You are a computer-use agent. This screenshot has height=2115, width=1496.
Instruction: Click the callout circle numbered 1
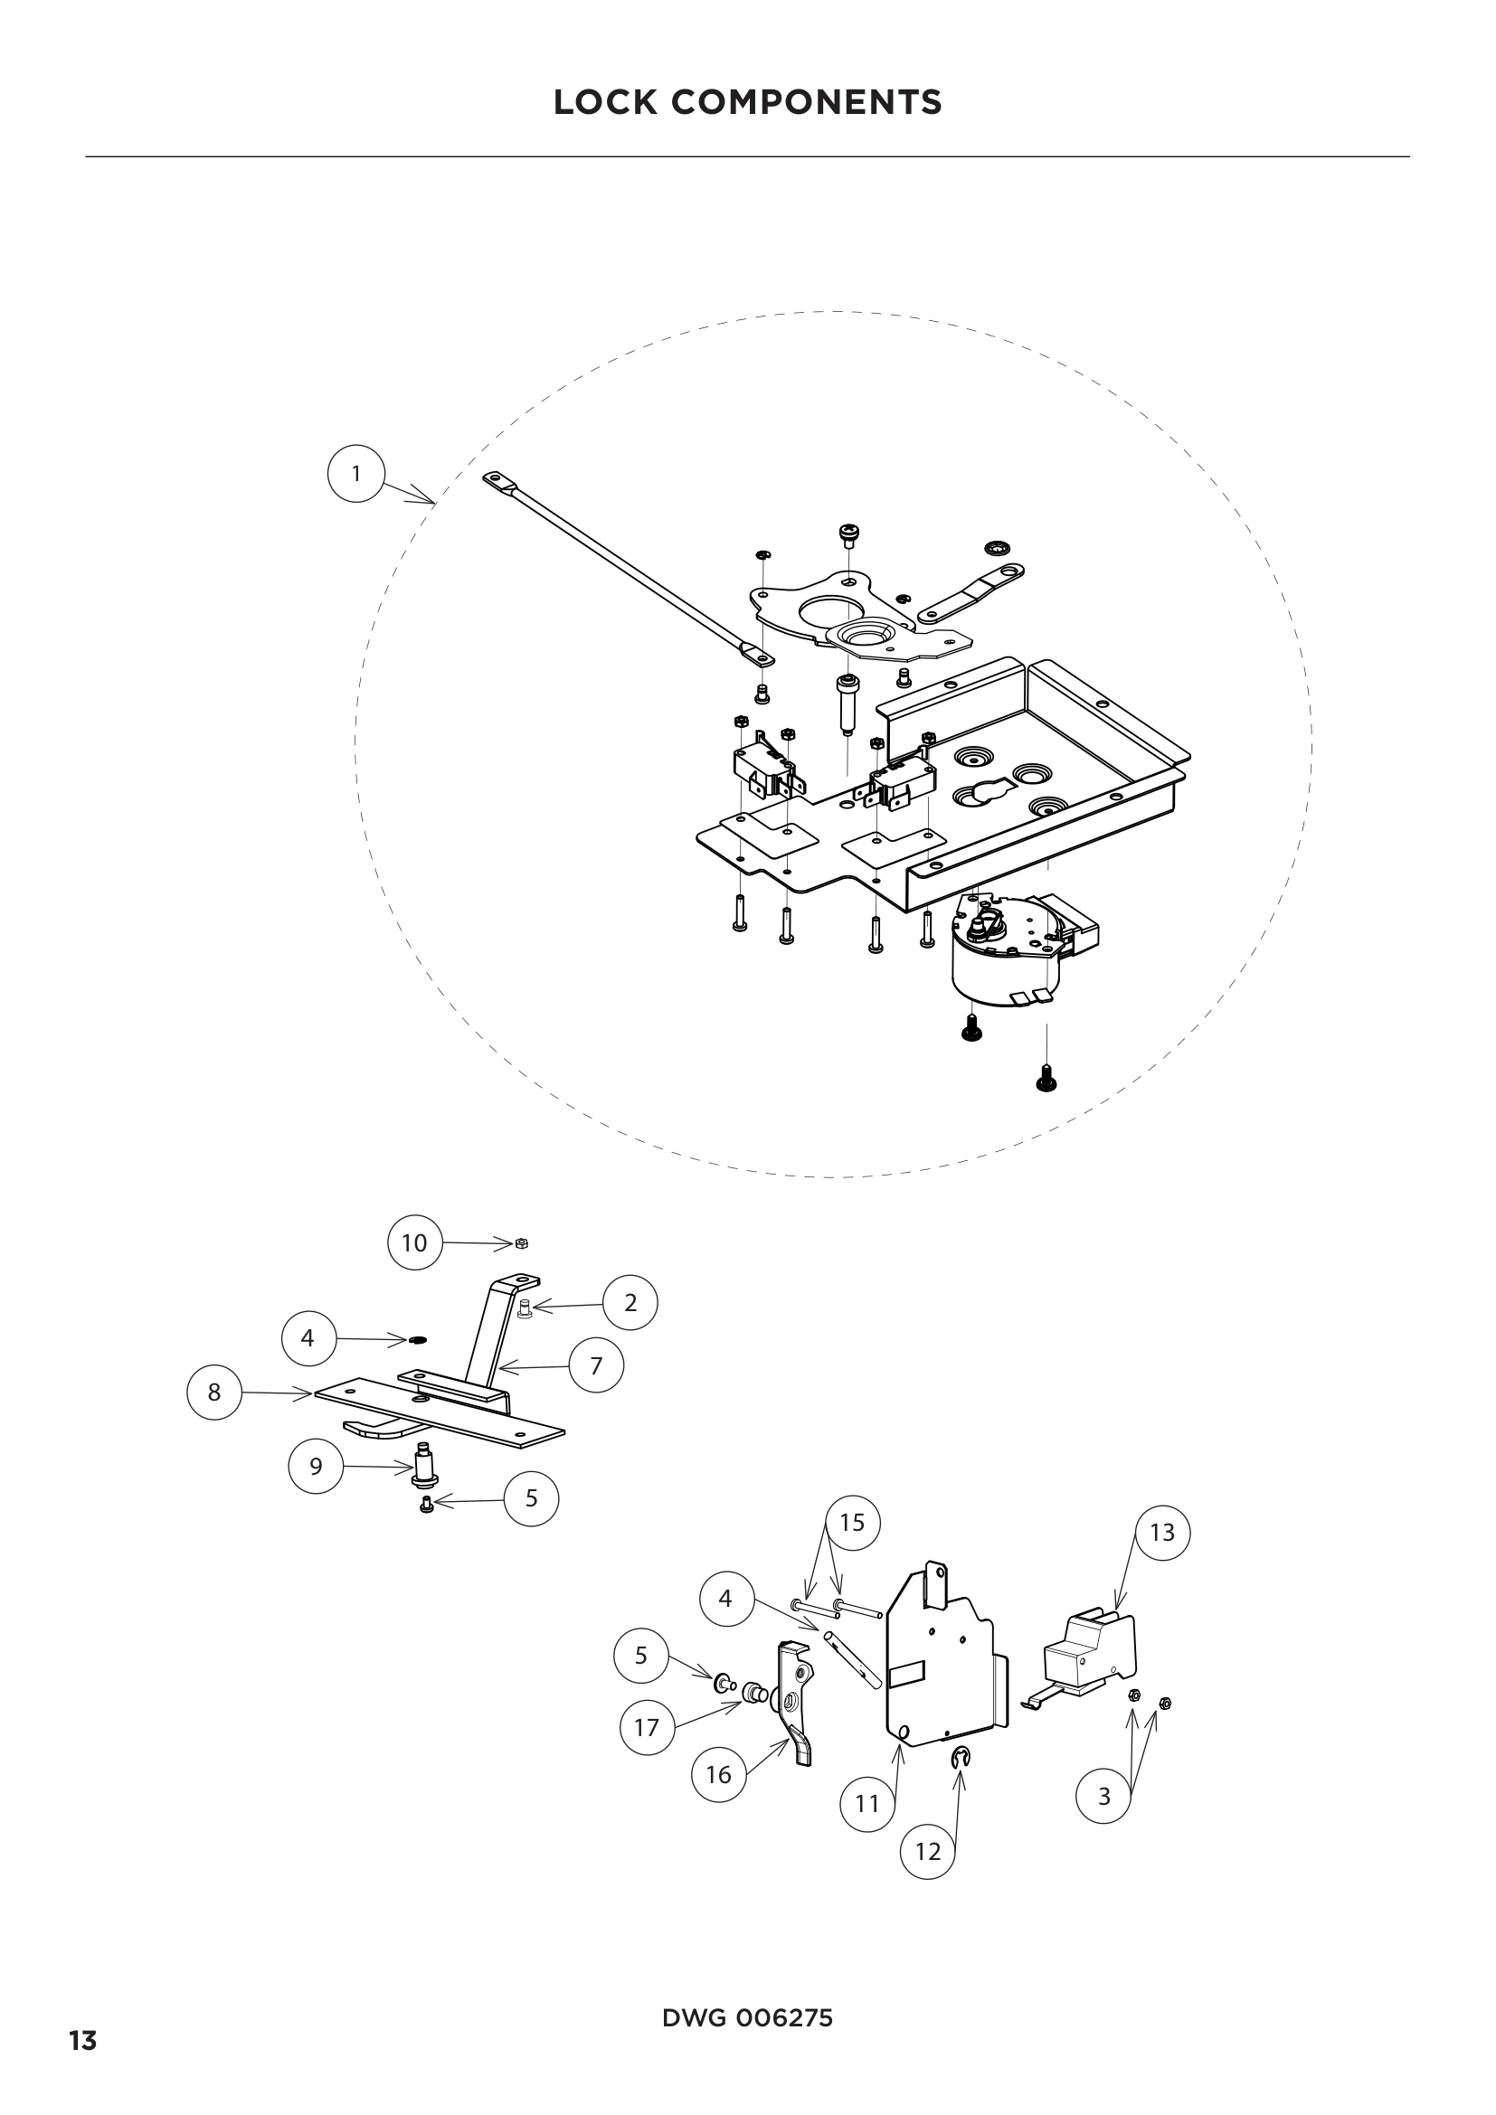[355, 474]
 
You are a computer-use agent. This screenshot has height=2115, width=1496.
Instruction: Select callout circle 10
[414, 1242]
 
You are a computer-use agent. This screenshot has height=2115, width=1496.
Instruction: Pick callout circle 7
[596, 1365]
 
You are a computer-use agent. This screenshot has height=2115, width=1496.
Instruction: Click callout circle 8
[213, 1392]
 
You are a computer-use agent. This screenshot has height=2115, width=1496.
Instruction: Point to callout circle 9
[316, 1466]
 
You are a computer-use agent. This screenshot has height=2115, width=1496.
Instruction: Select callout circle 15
[852, 1523]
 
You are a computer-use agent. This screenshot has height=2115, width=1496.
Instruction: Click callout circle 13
[1161, 1532]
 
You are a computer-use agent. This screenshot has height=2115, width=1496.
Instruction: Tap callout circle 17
[647, 1727]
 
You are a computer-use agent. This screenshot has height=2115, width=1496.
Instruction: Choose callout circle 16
[718, 1774]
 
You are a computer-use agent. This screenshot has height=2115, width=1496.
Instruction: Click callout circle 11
[867, 1804]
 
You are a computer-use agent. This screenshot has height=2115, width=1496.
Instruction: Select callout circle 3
[1103, 1796]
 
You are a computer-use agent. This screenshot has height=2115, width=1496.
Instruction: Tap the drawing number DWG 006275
[747, 2017]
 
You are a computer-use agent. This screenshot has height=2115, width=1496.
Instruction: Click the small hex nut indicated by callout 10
[521, 1243]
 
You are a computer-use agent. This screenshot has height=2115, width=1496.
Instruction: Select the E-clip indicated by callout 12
[960, 1759]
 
